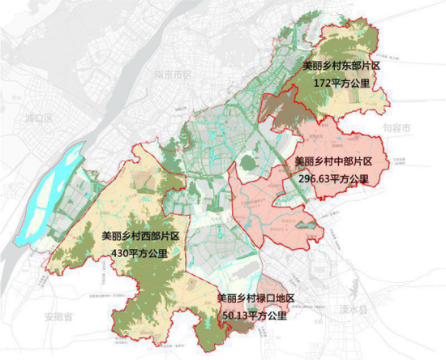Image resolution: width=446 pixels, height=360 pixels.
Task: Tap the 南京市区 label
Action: (172, 75)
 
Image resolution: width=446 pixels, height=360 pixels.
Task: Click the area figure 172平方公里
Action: (341, 83)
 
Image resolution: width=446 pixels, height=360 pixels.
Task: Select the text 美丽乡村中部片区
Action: (332, 161)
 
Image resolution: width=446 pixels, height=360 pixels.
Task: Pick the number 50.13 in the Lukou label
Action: (234, 315)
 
